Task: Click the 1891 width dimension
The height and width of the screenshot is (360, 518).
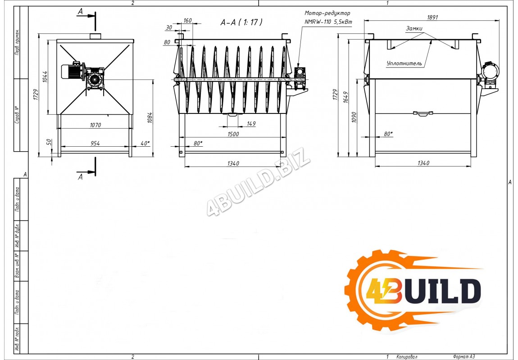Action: coord(432,17)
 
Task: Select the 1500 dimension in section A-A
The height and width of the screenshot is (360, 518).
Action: coord(233,134)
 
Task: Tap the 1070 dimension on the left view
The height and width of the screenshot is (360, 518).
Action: coord(95,125)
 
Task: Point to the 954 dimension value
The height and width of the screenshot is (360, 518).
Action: coord(95,143)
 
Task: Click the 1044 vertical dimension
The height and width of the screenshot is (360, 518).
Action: coord(45,76)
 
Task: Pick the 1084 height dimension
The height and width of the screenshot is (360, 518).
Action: coord(150,117)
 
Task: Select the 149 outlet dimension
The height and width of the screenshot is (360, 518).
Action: coord(251,124)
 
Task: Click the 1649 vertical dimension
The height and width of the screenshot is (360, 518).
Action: coord(345,97)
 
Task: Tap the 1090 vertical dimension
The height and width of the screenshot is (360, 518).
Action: coord(354,117)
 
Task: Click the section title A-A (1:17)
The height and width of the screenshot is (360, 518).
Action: coord(241,22)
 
